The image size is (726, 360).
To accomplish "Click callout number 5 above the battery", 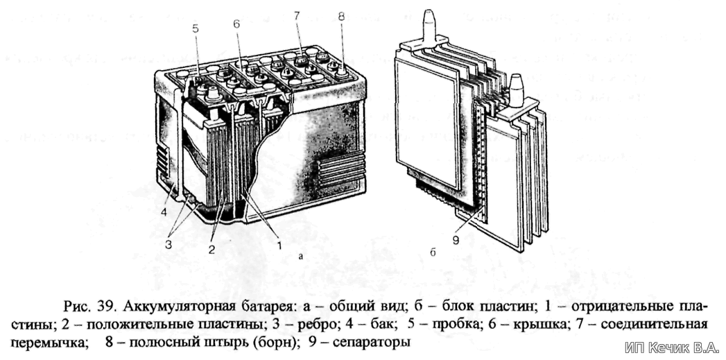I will pyautogui.click(x=195, y=30).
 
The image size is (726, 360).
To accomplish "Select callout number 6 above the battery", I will pyautogui.click(x=236, y=23).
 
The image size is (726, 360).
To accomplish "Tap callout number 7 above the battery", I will pyautogui.click(x=297, y=17).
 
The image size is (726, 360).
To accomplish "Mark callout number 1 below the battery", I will pyautogui.click(x=278, y=245).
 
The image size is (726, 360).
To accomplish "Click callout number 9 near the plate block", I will pyautogui.click(x=456, y=240).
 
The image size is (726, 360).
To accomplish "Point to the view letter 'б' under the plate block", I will pyautogui.click(x=431, y=252).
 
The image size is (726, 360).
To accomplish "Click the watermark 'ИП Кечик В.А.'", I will pyautogui.click(x=671, y=347).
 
